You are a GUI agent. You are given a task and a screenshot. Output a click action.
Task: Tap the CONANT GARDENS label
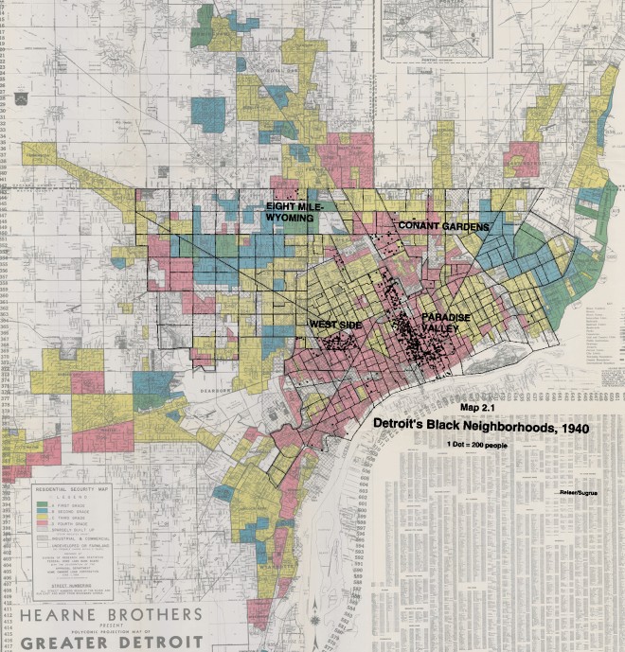[x=442, y=226]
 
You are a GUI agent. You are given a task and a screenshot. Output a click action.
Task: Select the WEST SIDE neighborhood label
[x=335, y=325]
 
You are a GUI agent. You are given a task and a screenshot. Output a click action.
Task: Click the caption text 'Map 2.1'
[x=479, y=407]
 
